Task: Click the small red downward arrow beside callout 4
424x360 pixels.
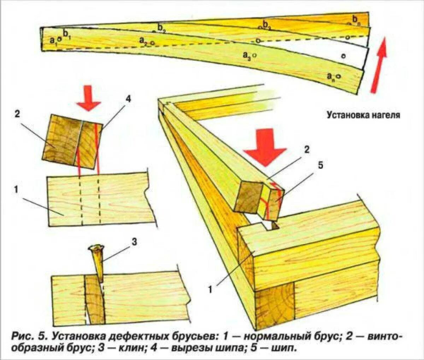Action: pyautogui.click(x=88, y=102)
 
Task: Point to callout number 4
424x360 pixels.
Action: pyautogui.click(x=128, y=99)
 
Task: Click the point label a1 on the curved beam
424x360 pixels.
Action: pyautogui.click(x=53, y=41)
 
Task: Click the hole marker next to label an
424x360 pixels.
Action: pyautogui.click(x=338, y=76)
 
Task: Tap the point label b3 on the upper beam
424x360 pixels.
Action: pyautogui.click(x=266, y=25)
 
